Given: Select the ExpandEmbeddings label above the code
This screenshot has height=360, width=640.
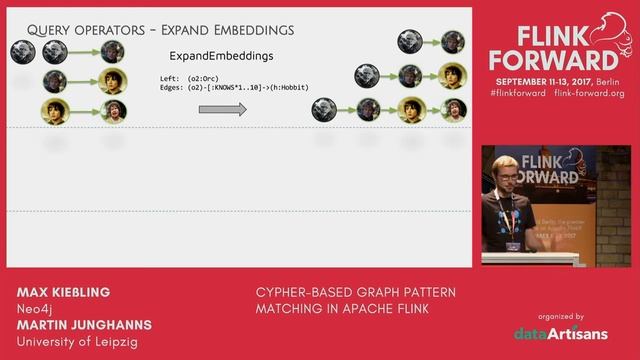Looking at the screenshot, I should coord(221,56).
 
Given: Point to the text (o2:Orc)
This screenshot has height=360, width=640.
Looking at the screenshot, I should coord(210,78).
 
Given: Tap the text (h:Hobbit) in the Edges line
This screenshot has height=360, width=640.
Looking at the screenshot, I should coord(286,87).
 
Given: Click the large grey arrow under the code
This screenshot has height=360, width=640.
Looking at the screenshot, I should coord(222,108).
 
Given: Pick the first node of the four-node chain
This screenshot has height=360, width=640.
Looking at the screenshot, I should coord(322,108).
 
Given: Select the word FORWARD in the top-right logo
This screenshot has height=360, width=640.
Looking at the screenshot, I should coord(547,59).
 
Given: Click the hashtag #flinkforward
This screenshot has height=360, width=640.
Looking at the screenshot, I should coord(516,93).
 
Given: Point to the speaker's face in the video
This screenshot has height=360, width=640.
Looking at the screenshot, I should coord(504,173).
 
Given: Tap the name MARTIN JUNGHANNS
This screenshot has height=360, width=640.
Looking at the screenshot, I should coord(85,325).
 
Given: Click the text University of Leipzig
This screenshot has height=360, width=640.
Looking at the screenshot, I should coord(78,342).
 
